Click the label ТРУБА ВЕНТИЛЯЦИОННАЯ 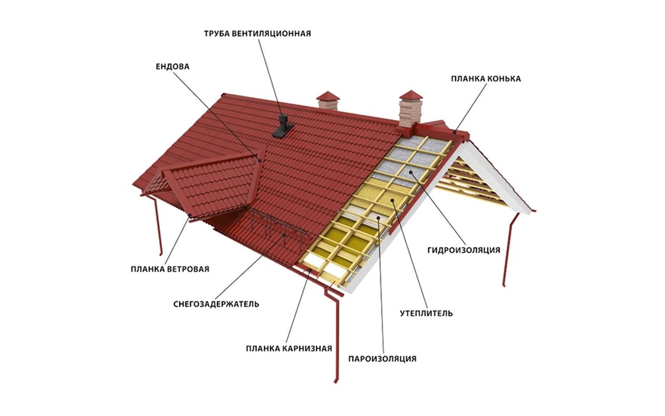[x=257, y=34]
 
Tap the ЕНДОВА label [x=172, y=67]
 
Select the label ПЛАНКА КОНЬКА [x=486, y=79]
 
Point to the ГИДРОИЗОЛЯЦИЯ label [x=464, y=250]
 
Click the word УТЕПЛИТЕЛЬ [x=427, y=313]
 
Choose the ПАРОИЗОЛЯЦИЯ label [x=382, y=359]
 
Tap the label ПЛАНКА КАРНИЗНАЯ [x=289, y=348]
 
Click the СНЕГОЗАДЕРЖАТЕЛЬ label [x=216, y=304]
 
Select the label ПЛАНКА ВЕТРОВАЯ [x=170, y=269]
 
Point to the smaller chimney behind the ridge [x=328, y=101]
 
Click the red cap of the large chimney [x=410, y=95]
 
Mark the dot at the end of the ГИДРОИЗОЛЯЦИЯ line [x=410, y=172]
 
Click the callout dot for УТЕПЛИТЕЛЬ [x=392, y=200]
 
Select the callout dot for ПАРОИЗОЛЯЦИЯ [x=379, y=218]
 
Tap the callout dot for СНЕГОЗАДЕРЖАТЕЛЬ [x=284, y=235]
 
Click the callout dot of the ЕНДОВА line [x=260, y=161]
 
